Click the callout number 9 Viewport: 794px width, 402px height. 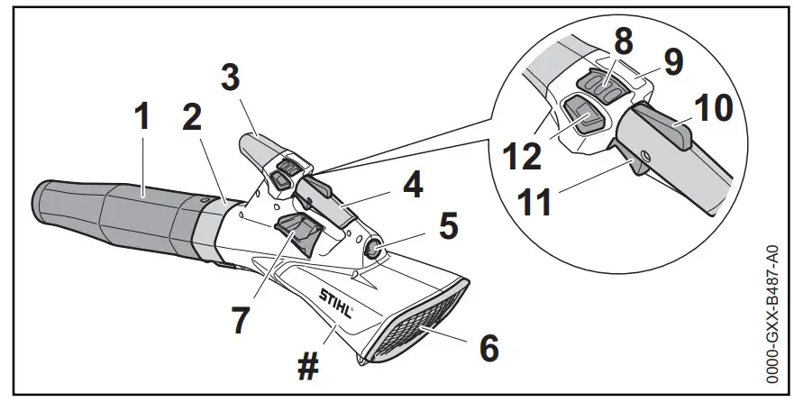click(x=669, y=60)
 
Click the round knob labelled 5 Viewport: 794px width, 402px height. click(x=372, y=247)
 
